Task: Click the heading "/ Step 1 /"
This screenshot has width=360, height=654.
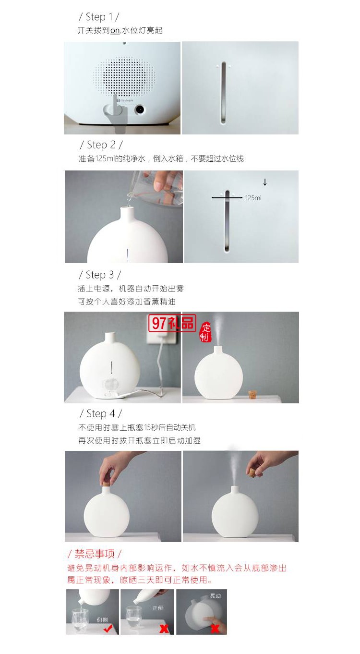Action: [98, 17]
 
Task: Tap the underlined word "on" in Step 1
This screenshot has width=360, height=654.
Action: [115, 30]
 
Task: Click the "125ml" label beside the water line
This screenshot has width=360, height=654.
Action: [253, 197]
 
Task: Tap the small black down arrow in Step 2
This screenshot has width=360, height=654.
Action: [264, 182]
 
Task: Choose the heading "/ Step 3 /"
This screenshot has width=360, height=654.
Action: [99, 275]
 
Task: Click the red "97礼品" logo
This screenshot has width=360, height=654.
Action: [172, 323]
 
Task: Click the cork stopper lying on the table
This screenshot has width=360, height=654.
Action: [252, 395]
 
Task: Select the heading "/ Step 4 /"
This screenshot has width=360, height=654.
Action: [100, 413]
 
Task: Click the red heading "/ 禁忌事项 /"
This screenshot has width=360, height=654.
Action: [95, 554]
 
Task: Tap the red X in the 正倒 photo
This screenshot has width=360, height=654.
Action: [164, 628]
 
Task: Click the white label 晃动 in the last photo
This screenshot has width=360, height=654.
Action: [216, 595]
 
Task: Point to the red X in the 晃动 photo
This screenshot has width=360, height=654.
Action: [215, 628]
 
